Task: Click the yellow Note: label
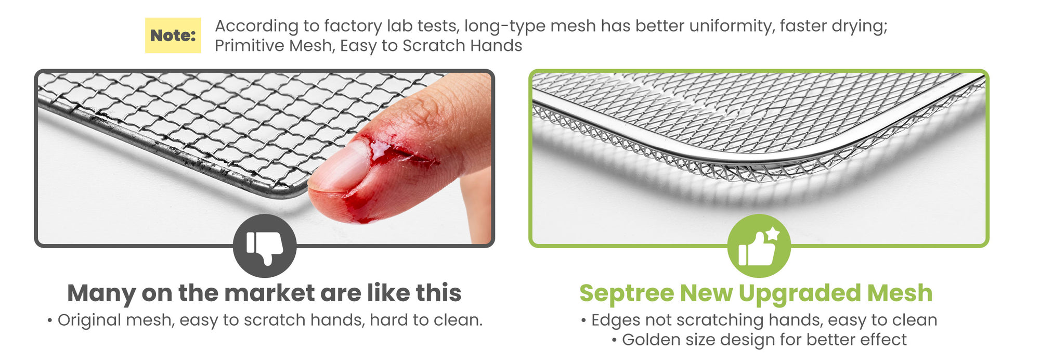click(x=173, y=35)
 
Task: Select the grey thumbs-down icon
click(x=265, y=246)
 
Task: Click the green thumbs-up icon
click(x=759, y=246)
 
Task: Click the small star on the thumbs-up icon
click(x=773, y=234)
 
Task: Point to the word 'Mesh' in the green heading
click(x=900, y=293)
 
